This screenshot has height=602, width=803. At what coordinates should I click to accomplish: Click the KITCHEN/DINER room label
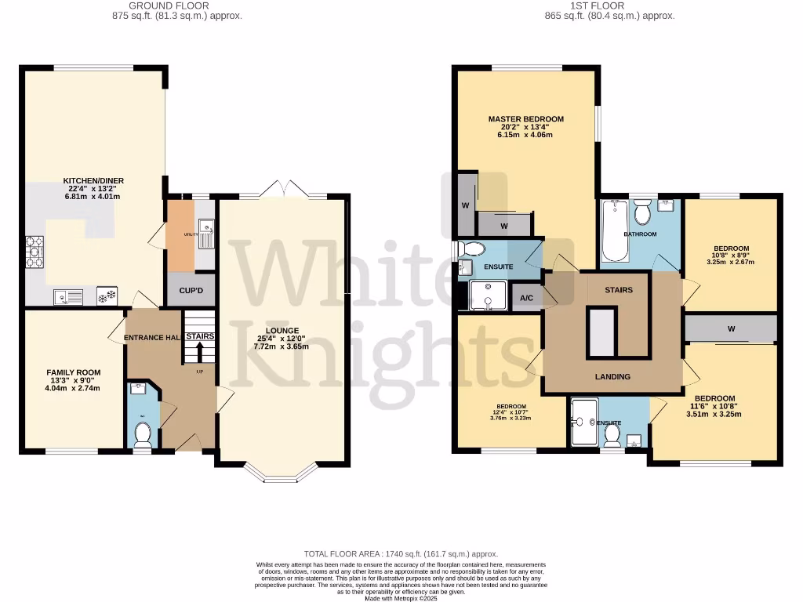[x=94, y=181]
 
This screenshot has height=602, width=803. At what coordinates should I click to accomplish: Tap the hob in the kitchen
[x=35, y=251]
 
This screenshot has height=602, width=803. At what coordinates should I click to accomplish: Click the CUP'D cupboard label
[x=191, y=290]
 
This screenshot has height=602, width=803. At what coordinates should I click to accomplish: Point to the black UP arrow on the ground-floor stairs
[x=200, y=350]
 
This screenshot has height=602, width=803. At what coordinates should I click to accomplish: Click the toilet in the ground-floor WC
[x=143, y=432]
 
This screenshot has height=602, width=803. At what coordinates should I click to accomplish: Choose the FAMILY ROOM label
[x=73, y=372]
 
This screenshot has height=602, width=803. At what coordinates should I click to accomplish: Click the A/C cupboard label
[x=525, y=298]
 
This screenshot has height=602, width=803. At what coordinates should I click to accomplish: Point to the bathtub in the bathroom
[x=612, y=231]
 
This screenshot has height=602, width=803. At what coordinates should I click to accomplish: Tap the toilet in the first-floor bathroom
[x=642, y=212]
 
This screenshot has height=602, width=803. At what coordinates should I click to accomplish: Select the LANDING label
[x=612, y=377]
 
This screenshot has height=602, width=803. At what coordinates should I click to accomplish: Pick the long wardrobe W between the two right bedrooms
[x=730, y=329]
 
